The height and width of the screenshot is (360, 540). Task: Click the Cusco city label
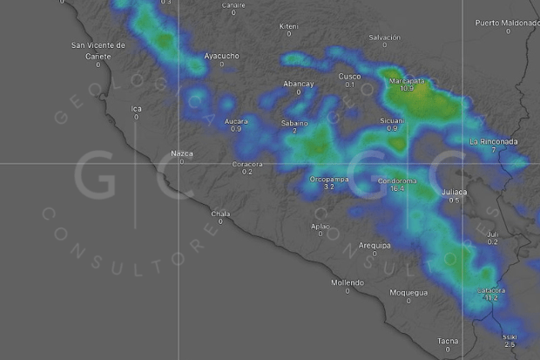pos(349,77)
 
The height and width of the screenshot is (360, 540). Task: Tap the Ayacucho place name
pos(221,56)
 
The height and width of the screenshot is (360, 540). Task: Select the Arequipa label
pos(375,245)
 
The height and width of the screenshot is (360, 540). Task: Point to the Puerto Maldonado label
pos(507,22)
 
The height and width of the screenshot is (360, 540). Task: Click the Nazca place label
pos(182,153)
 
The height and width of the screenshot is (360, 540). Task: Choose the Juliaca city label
pos(454,192)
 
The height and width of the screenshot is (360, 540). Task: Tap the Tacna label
pos(448,341)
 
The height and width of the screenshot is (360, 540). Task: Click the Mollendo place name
pos(347,282)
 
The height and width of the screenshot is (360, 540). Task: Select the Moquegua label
pos(409,293)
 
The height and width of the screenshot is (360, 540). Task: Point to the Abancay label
pos(298,83)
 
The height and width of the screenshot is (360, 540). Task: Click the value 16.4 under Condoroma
pos(398,189)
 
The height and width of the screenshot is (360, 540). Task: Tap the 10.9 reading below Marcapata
pos(406,89)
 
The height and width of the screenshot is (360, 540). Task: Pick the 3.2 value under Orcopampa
pos(328,187)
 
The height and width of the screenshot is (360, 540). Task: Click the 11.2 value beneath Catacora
pos(490,298)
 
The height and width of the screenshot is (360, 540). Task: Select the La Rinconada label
pos(493,141)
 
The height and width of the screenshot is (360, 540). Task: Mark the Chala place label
pos(220,213)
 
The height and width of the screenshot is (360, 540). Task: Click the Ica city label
pos(136,108)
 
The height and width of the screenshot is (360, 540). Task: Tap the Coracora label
pos(247,164)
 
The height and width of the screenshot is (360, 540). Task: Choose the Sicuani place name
pos(392,119)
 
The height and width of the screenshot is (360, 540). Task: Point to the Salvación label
pos(384,37)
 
